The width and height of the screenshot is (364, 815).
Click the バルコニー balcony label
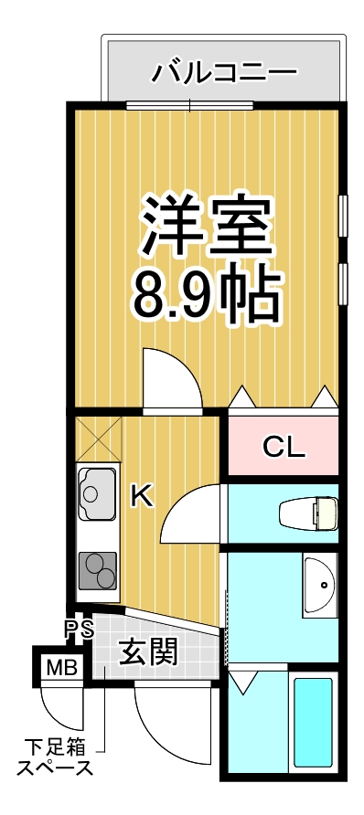coord(223,71)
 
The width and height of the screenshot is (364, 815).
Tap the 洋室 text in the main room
coord(206,228)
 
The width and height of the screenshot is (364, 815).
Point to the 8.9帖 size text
coord(206,292)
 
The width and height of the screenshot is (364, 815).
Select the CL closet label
coord(283,447)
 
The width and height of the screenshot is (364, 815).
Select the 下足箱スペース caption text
coord(57,757)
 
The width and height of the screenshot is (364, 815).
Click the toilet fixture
coord(308,513)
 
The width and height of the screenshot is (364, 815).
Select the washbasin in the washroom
coord(320,586)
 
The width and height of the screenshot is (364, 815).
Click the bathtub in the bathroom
coord(314,725)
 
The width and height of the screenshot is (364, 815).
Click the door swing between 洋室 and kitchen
coord(171,379)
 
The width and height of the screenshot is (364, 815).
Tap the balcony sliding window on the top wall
coord(190,105)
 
